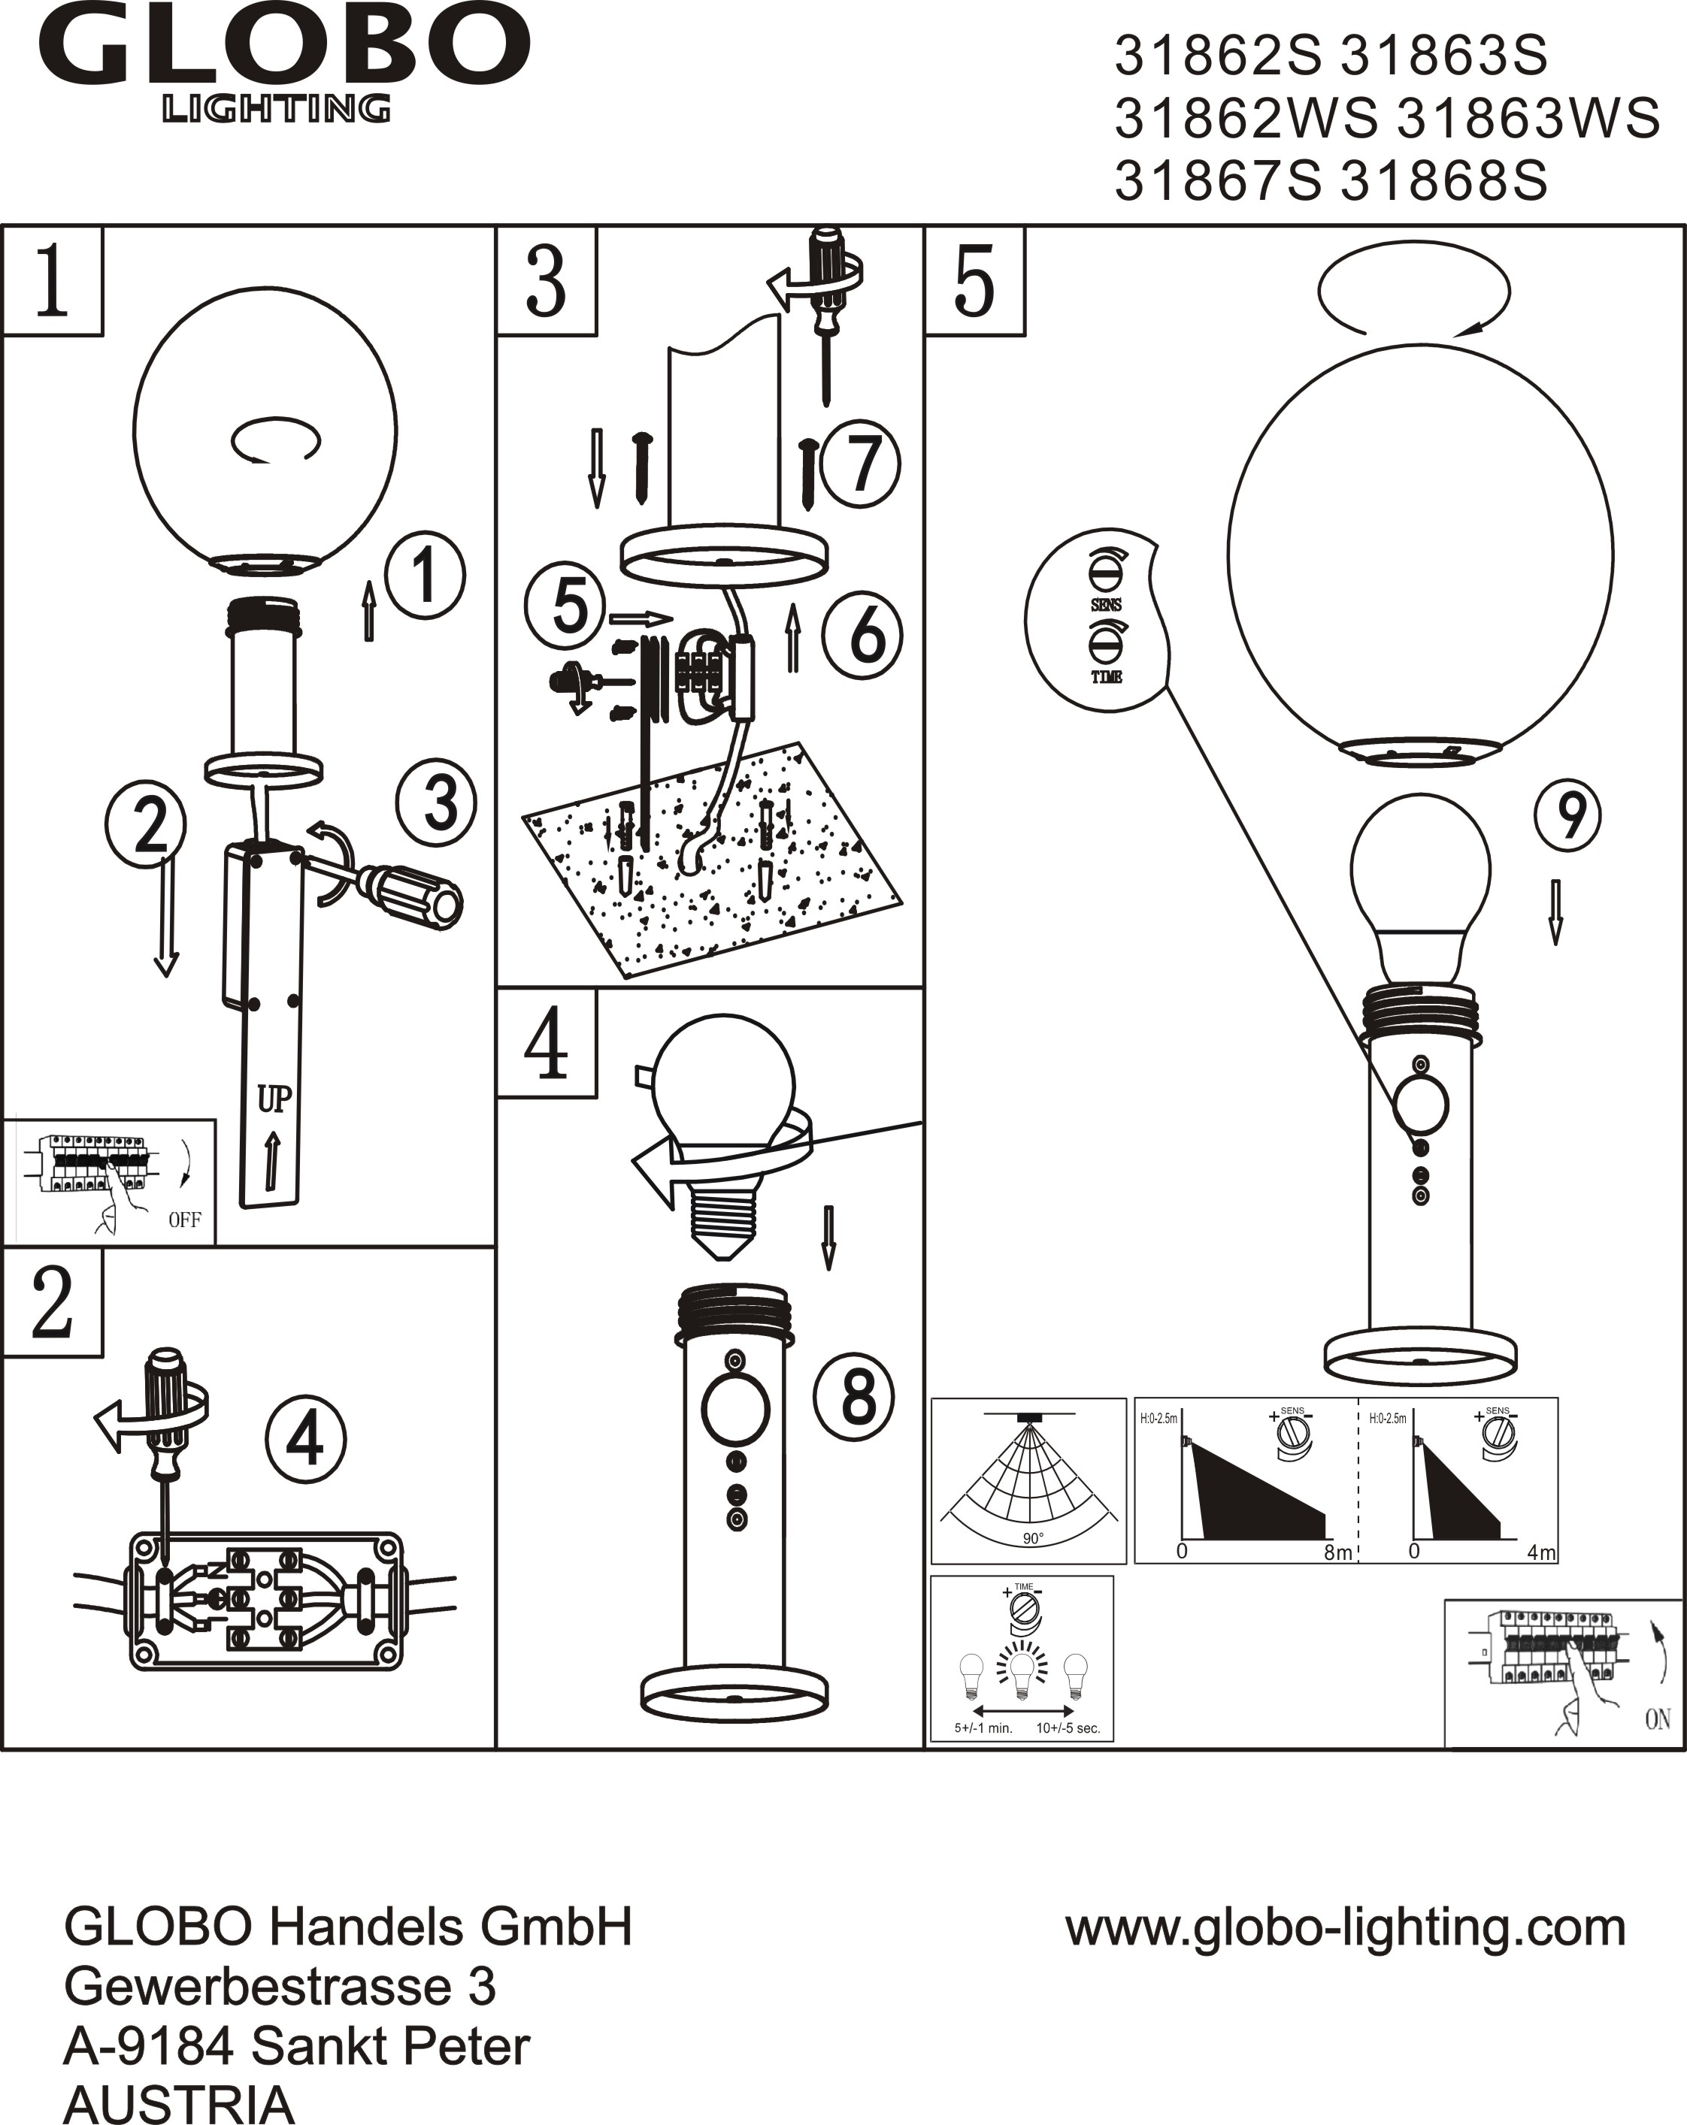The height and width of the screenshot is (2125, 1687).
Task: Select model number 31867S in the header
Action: click(x=1218, y=181)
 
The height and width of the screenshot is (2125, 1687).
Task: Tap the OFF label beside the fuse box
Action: click(x=184, y=1220)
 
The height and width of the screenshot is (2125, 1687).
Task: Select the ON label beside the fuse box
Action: click(x=1658, y=1719)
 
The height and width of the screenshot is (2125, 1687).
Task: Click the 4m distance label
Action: click(x=1540, y=1553)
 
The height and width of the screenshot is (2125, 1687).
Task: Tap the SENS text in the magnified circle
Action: click(x=1107, y=605)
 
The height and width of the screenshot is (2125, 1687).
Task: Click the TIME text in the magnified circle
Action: click(x=1107, y=677)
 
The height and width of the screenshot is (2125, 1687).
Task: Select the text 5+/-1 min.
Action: click(x=983, y=1728)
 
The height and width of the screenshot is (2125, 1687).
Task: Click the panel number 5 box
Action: click(x=974, y=282)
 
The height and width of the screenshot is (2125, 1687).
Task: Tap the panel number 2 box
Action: click(x=53, y=1302)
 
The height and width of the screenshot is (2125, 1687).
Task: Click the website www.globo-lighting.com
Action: click(x=1346, y=1928)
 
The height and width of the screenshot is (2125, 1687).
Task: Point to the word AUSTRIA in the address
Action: click(x=178, y=2103)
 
